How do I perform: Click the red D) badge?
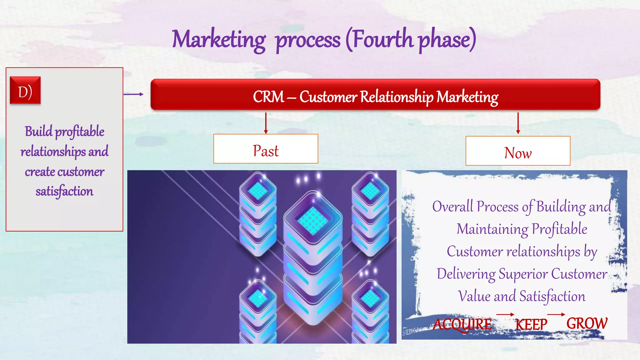(25, 90)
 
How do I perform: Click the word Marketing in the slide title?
(218, 40)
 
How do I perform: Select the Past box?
(266, 149)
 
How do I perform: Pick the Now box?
(518, 151)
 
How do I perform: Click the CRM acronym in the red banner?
(268, 97)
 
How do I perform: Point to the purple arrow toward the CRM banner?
(133, 94)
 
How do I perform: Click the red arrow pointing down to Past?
(266, 123)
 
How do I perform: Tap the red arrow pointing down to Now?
(518, 123)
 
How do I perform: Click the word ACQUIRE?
(462, 324)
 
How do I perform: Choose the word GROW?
(587, 323)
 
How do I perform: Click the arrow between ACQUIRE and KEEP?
(505, 314)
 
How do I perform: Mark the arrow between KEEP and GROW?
(556, 314)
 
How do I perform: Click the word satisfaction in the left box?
(64, 191)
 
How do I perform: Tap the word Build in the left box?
(39, 132)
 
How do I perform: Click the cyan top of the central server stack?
(312, 221)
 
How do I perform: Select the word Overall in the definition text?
(453, 207)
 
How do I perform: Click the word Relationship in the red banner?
(397, 97)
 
